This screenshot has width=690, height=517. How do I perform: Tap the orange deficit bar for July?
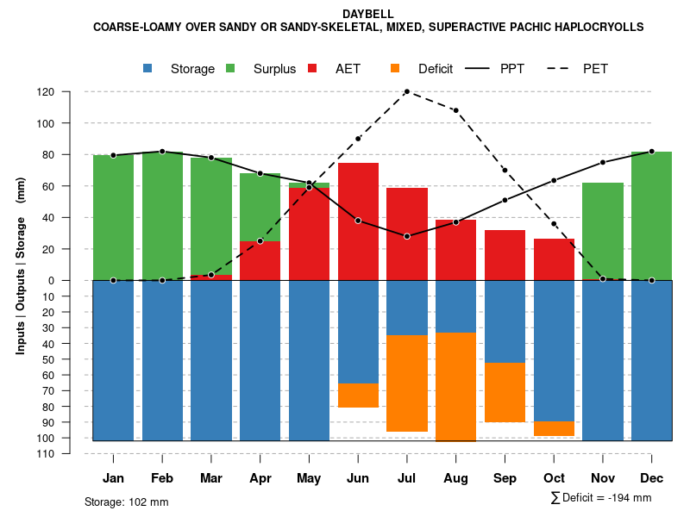407,383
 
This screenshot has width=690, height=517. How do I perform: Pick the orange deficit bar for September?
505,392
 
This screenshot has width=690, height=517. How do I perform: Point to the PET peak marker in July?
407,91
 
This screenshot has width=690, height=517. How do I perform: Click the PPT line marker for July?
407,236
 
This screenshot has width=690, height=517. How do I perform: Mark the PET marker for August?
455,110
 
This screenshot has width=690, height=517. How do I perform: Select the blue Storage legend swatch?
148,69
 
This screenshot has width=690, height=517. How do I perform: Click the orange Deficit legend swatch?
396,69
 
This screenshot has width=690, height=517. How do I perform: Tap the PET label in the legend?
595,69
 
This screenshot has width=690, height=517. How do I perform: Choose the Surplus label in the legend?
274,69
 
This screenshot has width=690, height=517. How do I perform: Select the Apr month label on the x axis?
260,478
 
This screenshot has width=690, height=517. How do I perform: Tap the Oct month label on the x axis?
554,478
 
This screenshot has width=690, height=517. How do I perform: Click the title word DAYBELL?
368,15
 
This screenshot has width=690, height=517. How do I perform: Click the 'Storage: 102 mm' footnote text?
126,501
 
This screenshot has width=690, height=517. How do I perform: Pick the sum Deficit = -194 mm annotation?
601,498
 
